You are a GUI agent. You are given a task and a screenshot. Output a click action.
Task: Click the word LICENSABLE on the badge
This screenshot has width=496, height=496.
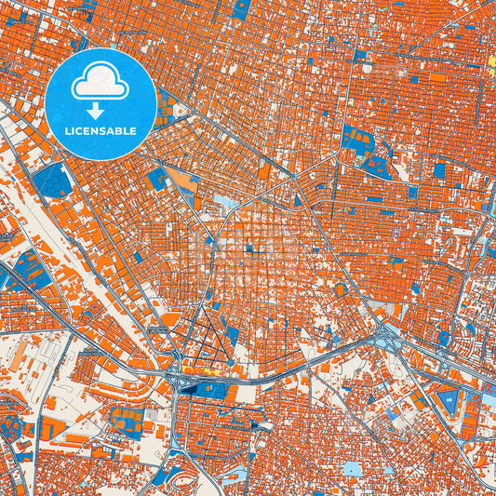click(100, 131)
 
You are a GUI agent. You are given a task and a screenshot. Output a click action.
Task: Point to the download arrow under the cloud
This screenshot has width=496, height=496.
click(100, 110)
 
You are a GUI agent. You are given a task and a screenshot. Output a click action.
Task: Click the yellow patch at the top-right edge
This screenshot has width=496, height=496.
click(490, 66)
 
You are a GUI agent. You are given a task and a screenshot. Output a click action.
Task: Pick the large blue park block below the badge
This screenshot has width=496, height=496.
click(53, 180)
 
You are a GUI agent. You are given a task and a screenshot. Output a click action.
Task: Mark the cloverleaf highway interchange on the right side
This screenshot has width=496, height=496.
click(384, 335)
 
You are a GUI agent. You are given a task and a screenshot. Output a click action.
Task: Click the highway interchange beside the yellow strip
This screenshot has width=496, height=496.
click(176, 377)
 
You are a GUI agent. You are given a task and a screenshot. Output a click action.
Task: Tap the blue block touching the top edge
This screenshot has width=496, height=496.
click(240, 9)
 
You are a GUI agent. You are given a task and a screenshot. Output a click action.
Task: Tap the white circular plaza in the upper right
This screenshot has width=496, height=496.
click(369, 68)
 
